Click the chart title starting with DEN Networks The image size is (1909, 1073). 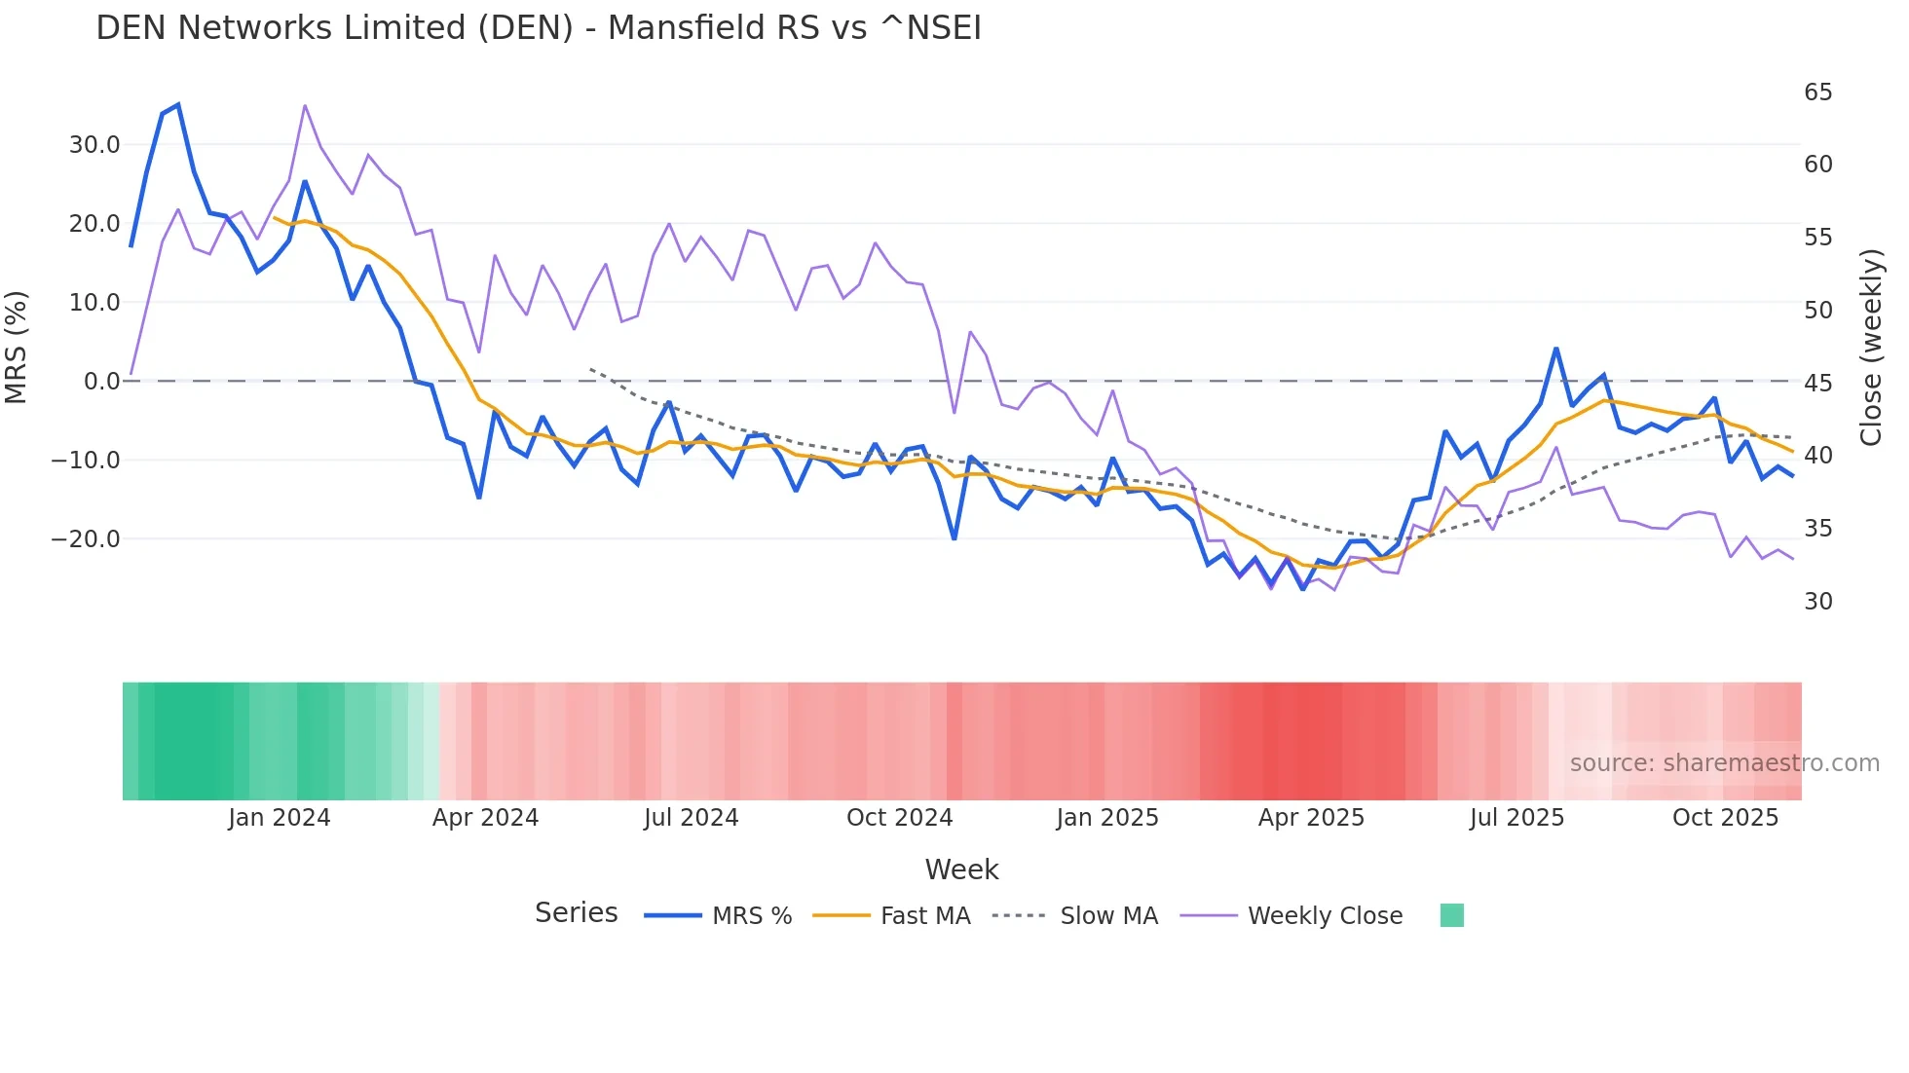click(539, 28)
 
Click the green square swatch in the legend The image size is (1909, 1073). click(1451, 915)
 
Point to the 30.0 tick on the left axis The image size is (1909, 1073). click(94, 145)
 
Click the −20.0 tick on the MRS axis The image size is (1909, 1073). click(86, 538)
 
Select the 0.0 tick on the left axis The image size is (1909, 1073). click(101, 382)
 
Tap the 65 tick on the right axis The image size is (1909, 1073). click(1817, 92)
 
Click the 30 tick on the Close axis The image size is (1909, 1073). click(1817, 602)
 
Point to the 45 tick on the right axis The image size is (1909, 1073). click(1817, 383)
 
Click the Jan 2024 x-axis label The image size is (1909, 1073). click(280, 818)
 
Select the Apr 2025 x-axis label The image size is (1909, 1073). click(1311, 818)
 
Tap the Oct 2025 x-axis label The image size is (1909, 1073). click(1725, 818)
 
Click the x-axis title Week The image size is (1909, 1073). click(961, 869)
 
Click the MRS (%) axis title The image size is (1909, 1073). click(17, 347)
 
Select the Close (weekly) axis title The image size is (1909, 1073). click(1871, 347)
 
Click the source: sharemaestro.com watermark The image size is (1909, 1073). click(1724, 763)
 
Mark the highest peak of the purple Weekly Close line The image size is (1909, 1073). click(305, 105)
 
